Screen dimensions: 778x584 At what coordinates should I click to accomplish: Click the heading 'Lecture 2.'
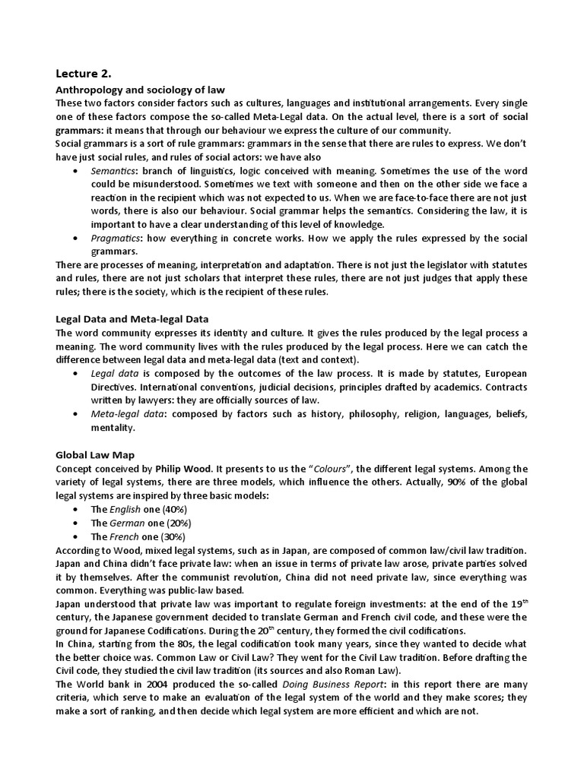[x=84, y=74]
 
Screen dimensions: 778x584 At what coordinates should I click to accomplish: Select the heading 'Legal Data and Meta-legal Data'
[x=132, y=318]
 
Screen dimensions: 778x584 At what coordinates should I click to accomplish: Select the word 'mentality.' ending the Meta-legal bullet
[x=113, y=428]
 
